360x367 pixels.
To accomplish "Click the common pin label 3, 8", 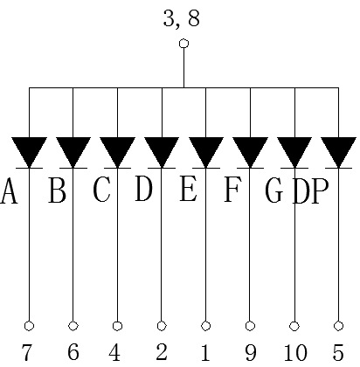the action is pos(182,18).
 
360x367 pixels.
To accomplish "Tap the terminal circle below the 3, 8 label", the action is pos(183,44).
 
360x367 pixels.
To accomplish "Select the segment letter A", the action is pos(9,191).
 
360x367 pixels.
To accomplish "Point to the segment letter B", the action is pos(57,190).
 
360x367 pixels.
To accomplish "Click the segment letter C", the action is pos(101,190).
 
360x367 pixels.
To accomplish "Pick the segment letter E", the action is pos(188,190).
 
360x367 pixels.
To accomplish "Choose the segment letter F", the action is pos(232,190).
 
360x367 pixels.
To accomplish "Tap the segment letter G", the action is pos(273,190).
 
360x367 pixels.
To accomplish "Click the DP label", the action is pos(310,190).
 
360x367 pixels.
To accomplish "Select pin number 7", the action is pos(27,352).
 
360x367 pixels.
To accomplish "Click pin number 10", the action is pos(295,352).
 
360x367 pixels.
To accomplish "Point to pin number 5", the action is pos(338,352).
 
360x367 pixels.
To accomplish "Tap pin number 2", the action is pos(162,351).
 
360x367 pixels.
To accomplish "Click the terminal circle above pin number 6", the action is pos(73,326).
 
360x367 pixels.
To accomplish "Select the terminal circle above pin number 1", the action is pos(205,326).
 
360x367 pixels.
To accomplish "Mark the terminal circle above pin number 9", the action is pos(250,326).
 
